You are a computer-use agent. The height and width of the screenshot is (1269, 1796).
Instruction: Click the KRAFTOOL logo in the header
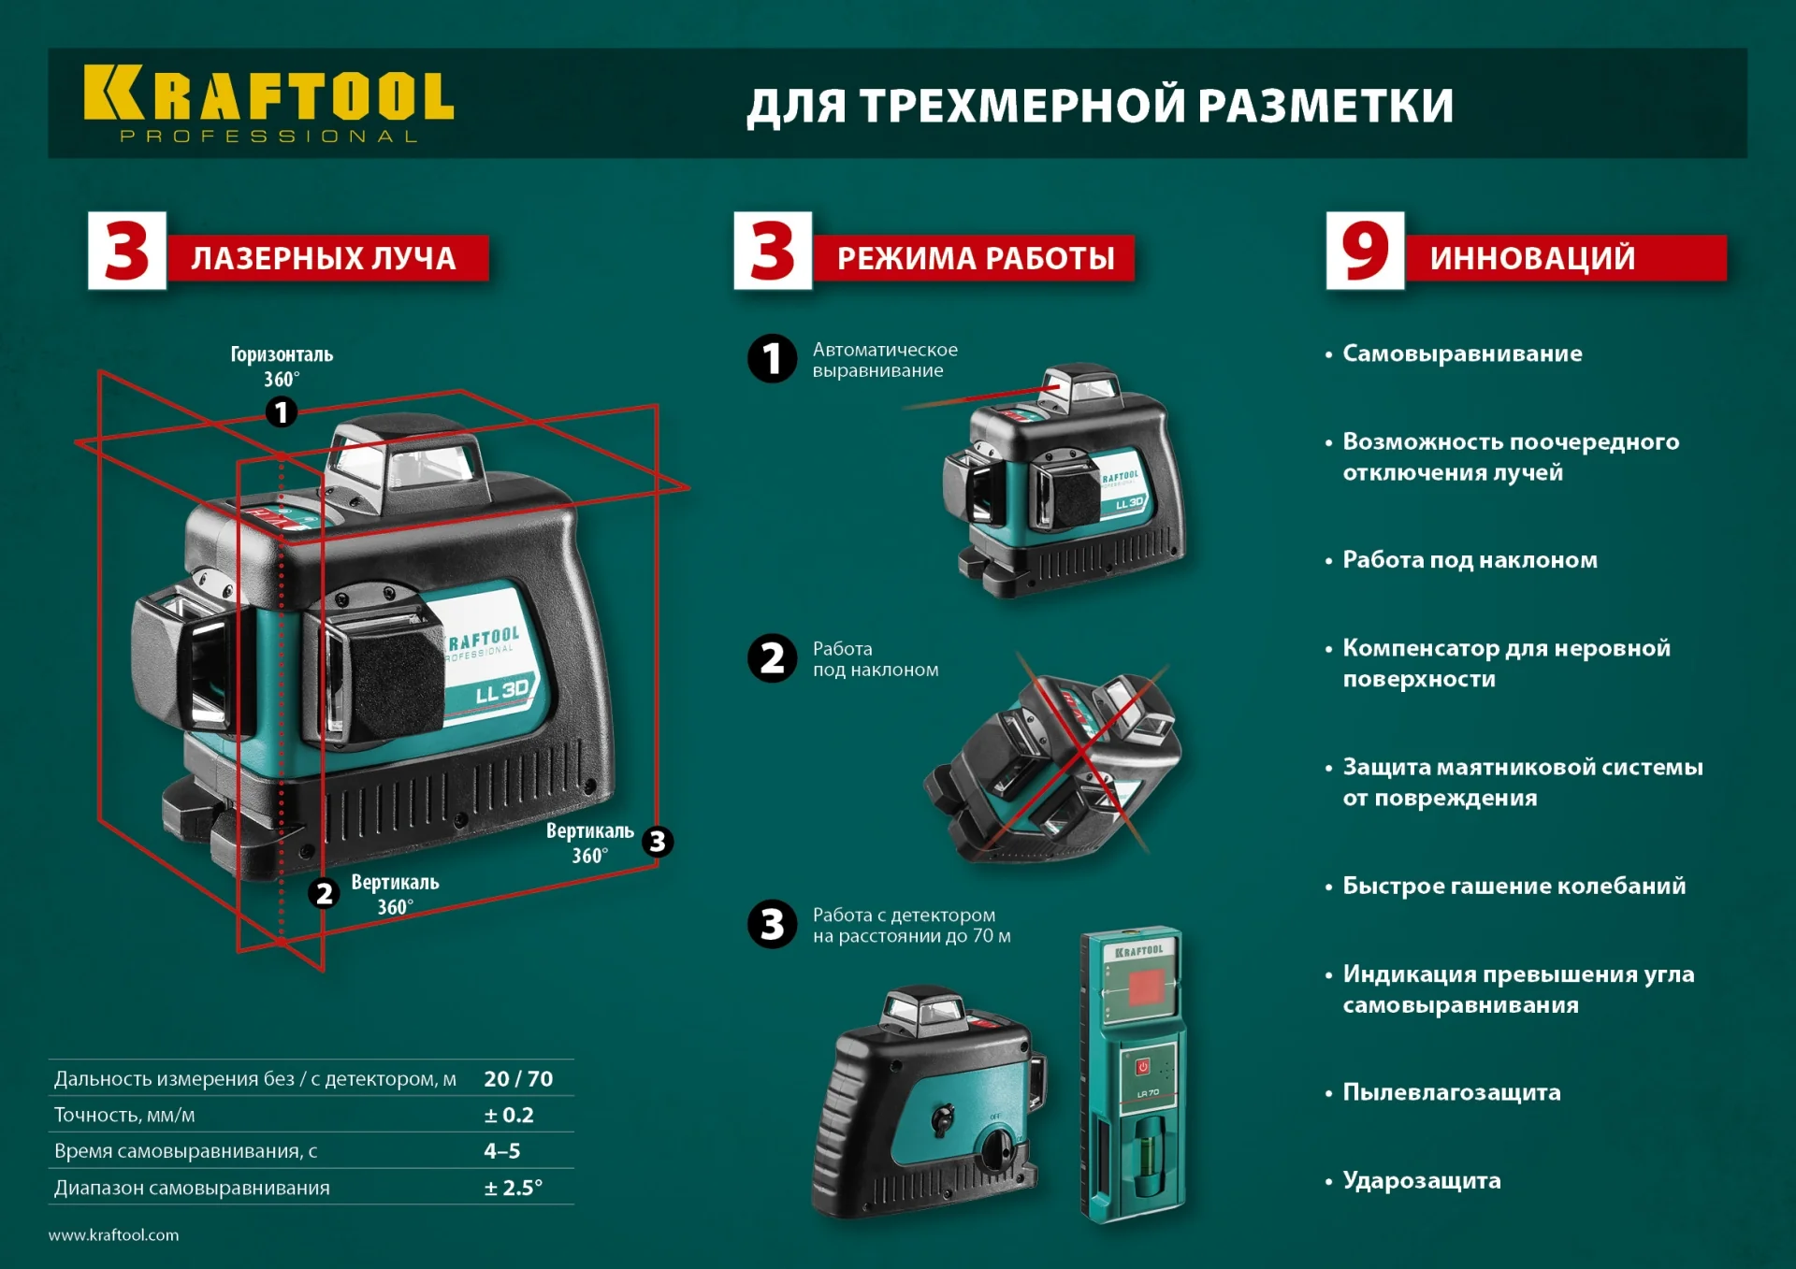(268, 103)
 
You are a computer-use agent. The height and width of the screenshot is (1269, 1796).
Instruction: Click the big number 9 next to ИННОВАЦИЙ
(1365, 251)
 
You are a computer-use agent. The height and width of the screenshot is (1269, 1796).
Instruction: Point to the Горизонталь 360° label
(282, 366)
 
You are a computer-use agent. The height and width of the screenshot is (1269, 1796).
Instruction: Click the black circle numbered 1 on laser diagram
(282, 412)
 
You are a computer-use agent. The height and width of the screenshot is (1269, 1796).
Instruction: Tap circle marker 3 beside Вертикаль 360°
(658, 842)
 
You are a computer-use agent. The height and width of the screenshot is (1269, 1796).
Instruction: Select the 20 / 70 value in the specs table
(518, 1079)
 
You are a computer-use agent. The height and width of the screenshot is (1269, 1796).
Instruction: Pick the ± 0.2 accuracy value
(509, 1115)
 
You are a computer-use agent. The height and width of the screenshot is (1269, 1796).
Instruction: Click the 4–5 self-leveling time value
(502, 1151)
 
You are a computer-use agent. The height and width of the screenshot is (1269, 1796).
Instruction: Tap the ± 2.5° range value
(513, 1188)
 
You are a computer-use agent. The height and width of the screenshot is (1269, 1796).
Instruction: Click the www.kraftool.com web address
(113, 1235)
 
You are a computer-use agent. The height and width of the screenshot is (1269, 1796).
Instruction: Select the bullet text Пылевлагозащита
(1451, 1092)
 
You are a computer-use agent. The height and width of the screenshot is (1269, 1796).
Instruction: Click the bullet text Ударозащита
(1421, 1180)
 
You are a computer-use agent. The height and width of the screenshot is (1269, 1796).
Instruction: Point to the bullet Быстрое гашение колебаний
(1514, 886)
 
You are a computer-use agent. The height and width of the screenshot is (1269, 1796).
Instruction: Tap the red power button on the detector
(1142, 1067)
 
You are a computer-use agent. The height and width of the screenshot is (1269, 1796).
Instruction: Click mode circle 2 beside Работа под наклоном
(772, 658)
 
